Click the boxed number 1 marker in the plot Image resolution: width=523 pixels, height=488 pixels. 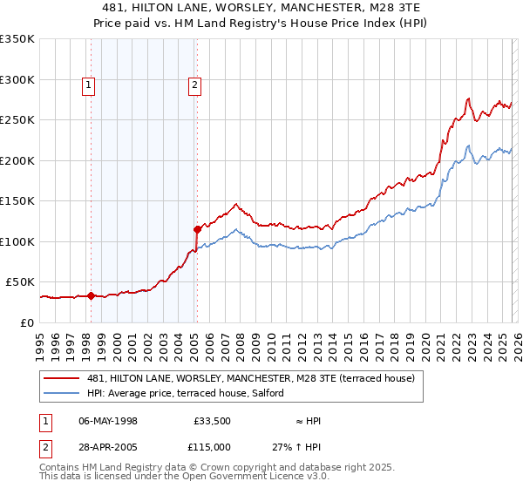[x=90, y=85]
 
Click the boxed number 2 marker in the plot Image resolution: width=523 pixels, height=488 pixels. [x=194, y=85]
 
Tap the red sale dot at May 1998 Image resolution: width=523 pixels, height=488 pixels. [x=91, y=295]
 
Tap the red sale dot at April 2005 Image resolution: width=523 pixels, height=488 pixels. [x=198, y=229]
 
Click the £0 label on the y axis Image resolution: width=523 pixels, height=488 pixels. [x=26, y=322]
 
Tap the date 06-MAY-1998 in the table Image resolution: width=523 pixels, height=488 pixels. [x=108, y=421]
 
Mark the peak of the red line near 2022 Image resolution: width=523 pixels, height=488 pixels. [x=469, y=98]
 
